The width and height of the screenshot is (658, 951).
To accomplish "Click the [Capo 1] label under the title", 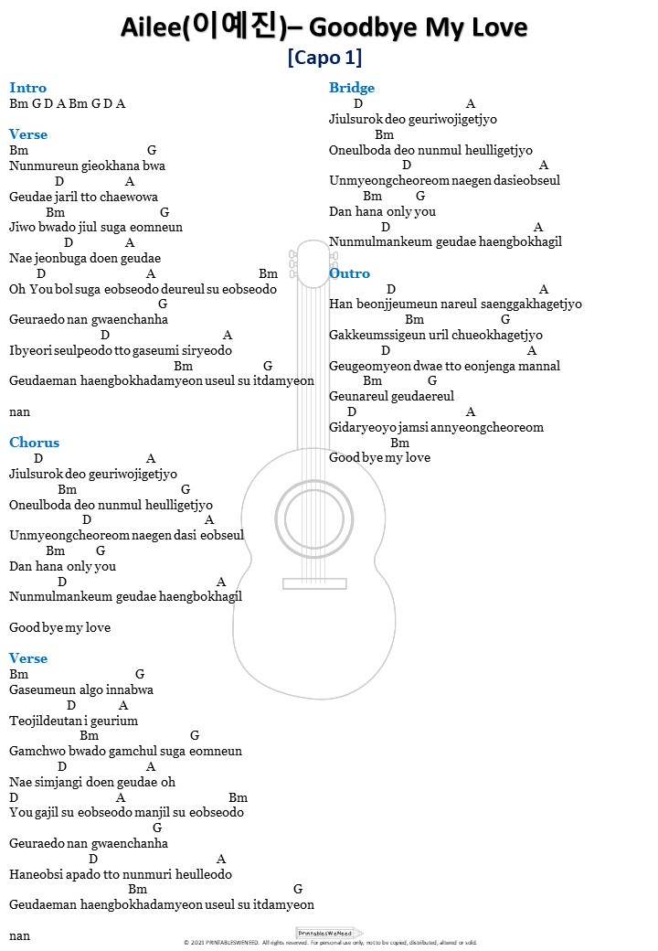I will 324,58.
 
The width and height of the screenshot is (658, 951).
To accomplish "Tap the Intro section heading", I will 27,88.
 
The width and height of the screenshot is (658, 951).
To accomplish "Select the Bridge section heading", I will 352,88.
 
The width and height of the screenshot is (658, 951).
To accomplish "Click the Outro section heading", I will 349,273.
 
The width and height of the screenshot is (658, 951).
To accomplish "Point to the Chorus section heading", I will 34,443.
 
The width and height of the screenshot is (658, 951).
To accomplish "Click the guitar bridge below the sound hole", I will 313,583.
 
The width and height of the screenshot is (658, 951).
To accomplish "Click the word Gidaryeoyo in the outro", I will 359,427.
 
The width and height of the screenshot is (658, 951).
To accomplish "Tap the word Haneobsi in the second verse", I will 35,874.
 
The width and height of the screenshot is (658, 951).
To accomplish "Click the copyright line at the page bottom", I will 330,942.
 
